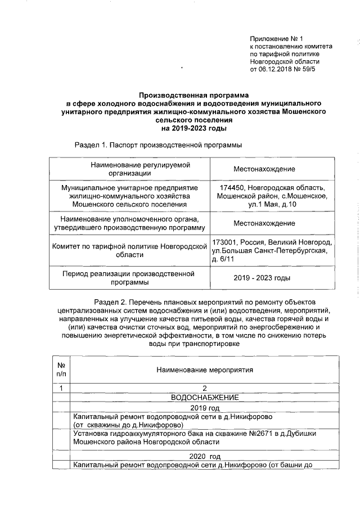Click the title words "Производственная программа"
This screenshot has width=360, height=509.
pyautogui.click(x=193, y=96)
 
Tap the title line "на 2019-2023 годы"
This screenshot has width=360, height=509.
pyautogui.click(x=193, y=128)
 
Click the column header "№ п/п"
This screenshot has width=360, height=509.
pyautogui.click(x=61, y=370)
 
